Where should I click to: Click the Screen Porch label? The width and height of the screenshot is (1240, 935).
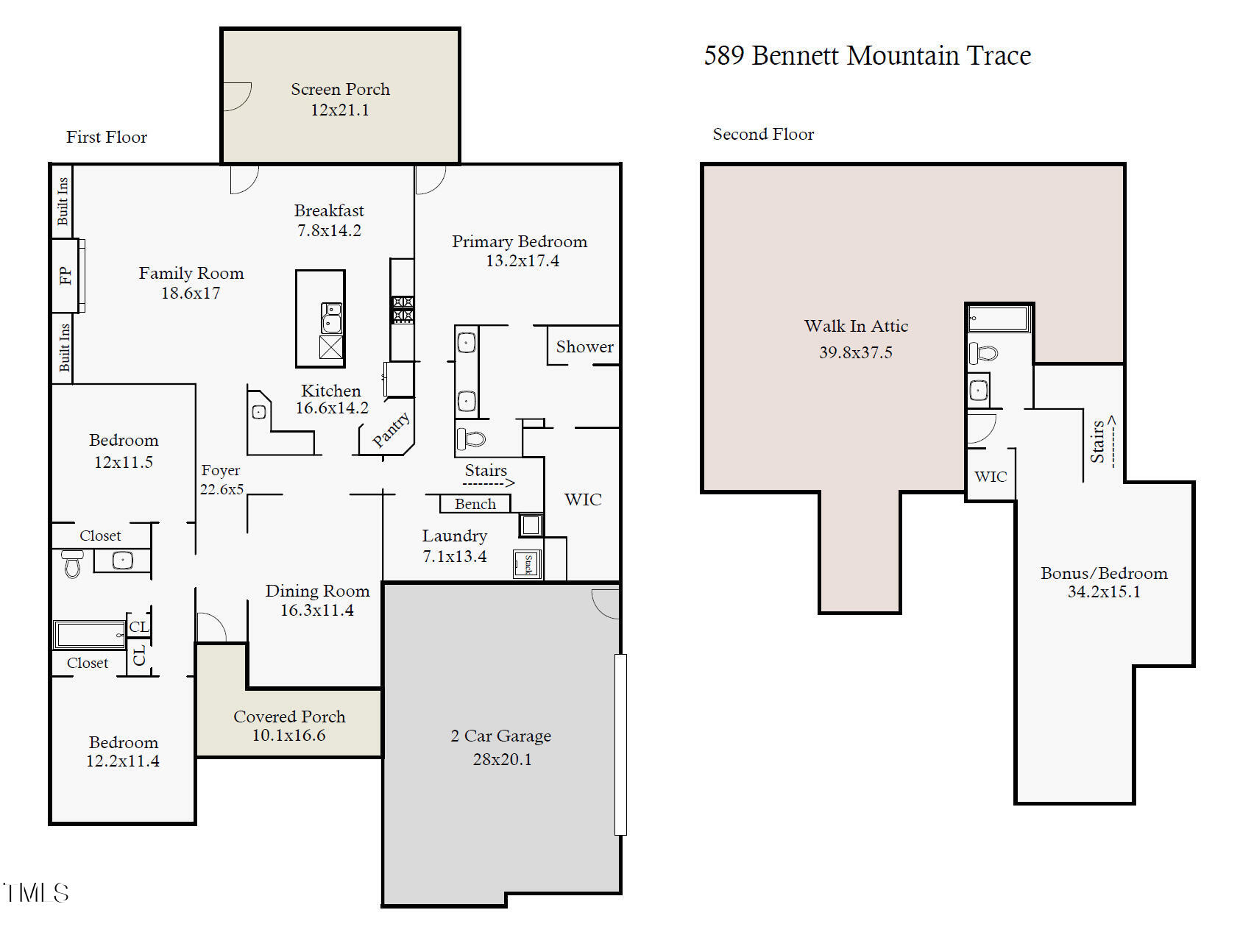(x=340, y=90)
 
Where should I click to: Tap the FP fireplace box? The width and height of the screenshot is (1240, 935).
(x=65, y=275)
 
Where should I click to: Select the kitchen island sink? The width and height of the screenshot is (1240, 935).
(x=331, y=318)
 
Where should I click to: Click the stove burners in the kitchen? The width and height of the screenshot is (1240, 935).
(x=402, y=309)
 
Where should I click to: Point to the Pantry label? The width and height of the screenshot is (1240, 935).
(x=391, y=430)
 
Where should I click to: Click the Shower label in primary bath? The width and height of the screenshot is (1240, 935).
(x=584, y=346)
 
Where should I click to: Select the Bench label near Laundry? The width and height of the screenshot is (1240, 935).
(x=475, y=504)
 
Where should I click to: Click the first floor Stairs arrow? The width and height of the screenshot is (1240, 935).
(x=489, y=483)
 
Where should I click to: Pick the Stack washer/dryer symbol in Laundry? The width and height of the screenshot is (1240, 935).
(x=528, y=564)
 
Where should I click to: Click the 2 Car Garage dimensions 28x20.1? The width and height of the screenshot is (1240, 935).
(x=502, y=759)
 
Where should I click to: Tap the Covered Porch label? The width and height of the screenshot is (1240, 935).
(x=289, y=717)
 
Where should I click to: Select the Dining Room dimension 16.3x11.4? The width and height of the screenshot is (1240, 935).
(x=317, y=610)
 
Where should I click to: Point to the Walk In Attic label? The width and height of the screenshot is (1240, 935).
(x=856, y=326)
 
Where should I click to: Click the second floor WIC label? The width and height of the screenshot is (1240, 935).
(x=991, y=477)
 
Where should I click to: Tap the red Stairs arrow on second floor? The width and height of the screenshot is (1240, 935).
(x=1113, y=441)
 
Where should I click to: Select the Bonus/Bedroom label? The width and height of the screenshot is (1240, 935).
(x=1104, y=573)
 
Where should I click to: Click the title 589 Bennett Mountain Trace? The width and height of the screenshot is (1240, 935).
(x=867, y=56)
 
